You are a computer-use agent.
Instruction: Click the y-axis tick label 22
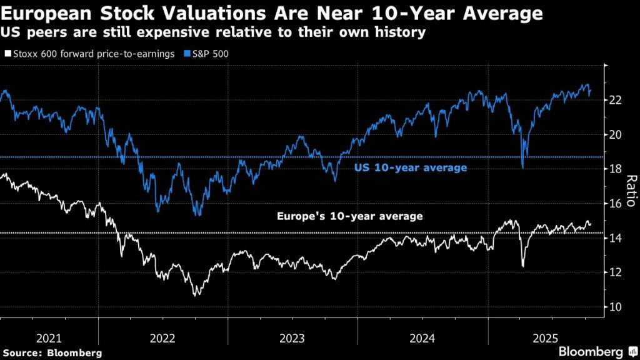pos(615,100)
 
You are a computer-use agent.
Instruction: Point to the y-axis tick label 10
pos(615,307)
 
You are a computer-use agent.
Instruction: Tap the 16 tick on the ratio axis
pos(615,204)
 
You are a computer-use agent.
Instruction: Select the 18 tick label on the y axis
pos(615,169)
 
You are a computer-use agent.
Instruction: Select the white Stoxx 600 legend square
pos(7,54)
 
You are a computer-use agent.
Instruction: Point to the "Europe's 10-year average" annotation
pos(350,216)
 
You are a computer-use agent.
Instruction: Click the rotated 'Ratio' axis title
pos(631,191)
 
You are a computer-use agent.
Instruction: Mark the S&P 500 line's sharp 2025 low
pos(522,167)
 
